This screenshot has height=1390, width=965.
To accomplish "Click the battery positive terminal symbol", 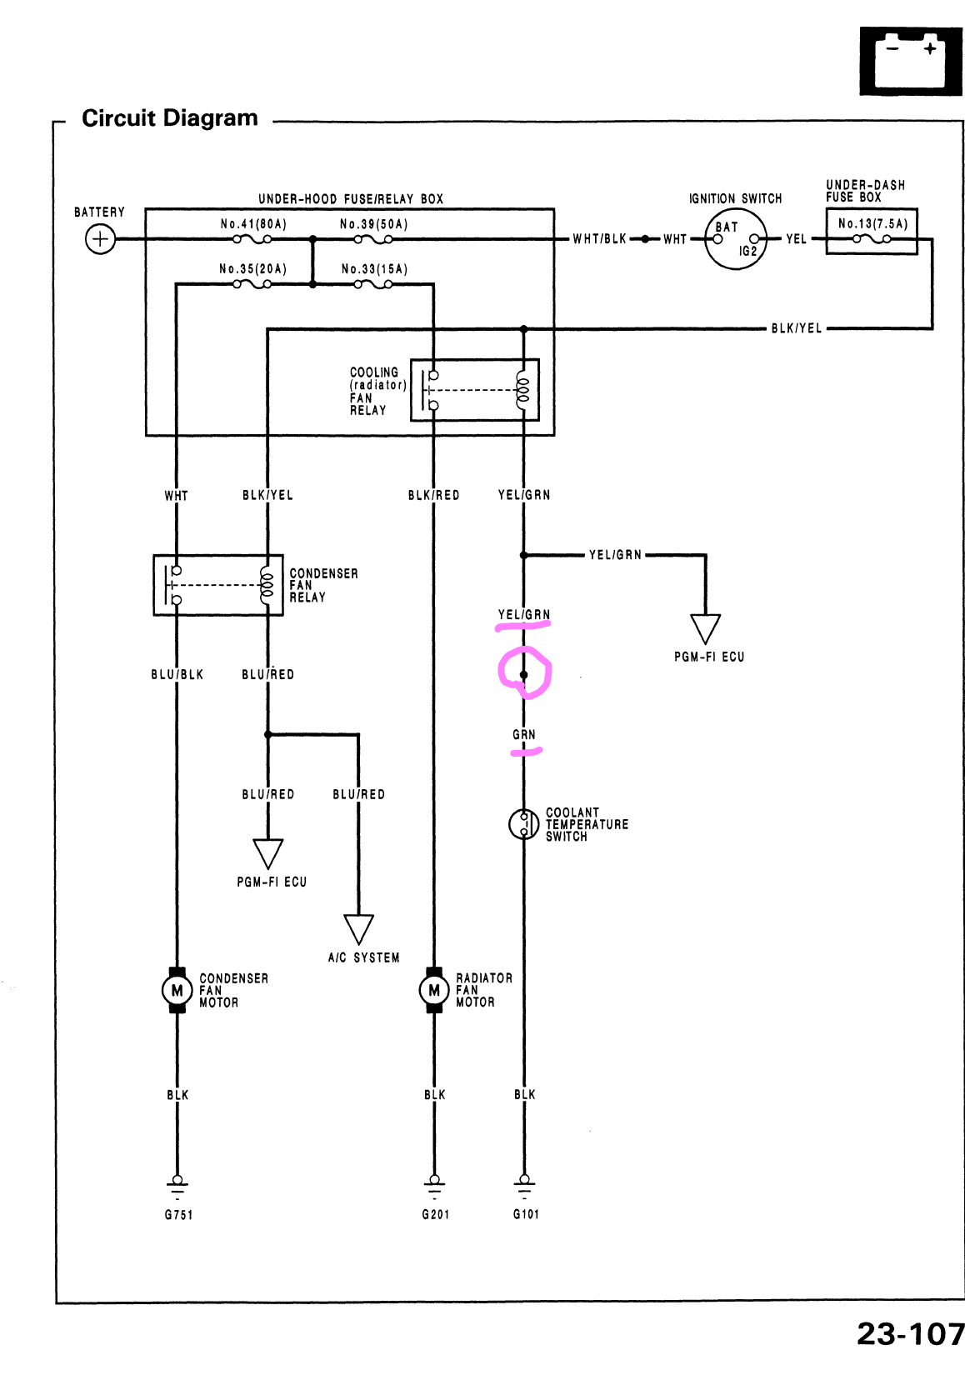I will [x=100, y=240].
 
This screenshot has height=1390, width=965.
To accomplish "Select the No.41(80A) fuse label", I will [x=253, y=224].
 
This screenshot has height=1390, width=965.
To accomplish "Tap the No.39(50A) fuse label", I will [x=373, y=224].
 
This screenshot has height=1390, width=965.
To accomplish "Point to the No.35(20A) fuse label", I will [x=252, y=269].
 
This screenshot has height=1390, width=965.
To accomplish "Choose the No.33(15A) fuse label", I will [x=374, y=269].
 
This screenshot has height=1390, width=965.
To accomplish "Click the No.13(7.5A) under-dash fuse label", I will [x=872, y=223].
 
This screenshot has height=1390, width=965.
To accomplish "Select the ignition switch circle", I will [x=736, y=239].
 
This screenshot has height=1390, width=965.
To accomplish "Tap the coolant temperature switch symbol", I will [x=523, y=824].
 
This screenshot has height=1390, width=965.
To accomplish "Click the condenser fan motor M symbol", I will [x=177, y=990].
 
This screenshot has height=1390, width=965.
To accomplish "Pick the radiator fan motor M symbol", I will [x=433, y=990].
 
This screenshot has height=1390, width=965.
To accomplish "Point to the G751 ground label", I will [x=178, y=1215].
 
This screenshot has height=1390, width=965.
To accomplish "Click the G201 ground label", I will [x=435, y=1215].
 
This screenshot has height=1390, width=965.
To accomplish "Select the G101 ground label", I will [x=526, y=1214].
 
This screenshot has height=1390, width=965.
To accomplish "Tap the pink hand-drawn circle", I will [x=524, y=672].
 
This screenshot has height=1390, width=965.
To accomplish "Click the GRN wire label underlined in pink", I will [x=524, y=735].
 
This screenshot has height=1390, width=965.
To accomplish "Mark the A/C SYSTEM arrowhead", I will [x=358, y=928].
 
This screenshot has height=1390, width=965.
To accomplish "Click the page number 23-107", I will [x=910, y=1334].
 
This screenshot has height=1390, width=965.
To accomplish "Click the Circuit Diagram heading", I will [x=170, y=118].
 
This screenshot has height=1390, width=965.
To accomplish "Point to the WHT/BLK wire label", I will [x=599, y=239].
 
